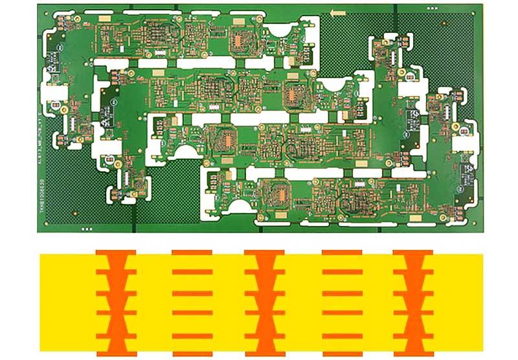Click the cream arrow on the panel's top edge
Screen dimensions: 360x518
pos(337,12)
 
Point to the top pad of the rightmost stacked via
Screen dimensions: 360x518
pos(413,251)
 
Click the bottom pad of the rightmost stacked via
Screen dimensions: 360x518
pos(413,354)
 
